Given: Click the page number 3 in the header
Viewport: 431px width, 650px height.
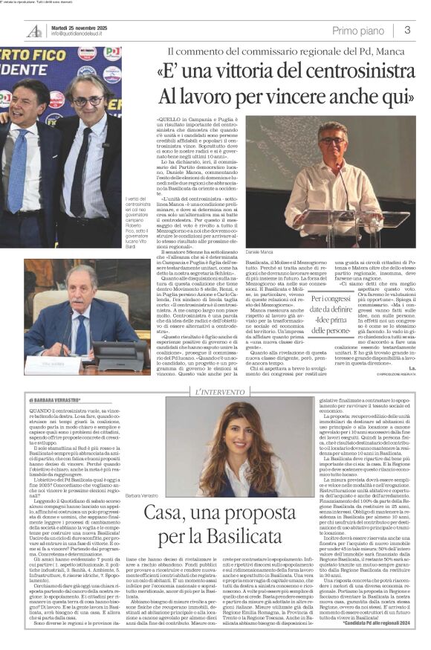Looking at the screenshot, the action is pos(407,30).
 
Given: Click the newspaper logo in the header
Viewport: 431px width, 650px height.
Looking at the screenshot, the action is pos(34,30).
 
